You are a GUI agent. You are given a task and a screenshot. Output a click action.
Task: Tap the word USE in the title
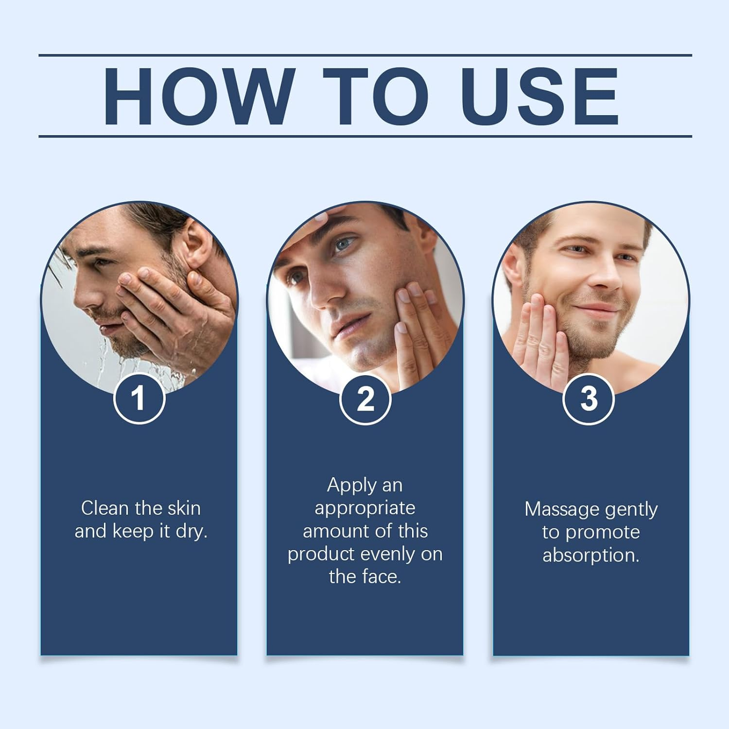539,97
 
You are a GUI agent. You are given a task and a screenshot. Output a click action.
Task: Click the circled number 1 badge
139,399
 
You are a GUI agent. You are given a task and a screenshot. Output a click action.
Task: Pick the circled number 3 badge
589,399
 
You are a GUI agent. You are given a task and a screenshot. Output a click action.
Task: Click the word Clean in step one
105,508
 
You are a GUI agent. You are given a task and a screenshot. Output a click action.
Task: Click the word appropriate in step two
365,508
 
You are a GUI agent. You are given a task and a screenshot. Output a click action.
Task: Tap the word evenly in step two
387,554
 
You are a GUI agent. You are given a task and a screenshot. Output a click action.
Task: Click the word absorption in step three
590,555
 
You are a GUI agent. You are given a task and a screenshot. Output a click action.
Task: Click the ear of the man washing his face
199,243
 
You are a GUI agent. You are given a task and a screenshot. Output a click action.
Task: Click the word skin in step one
184,508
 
